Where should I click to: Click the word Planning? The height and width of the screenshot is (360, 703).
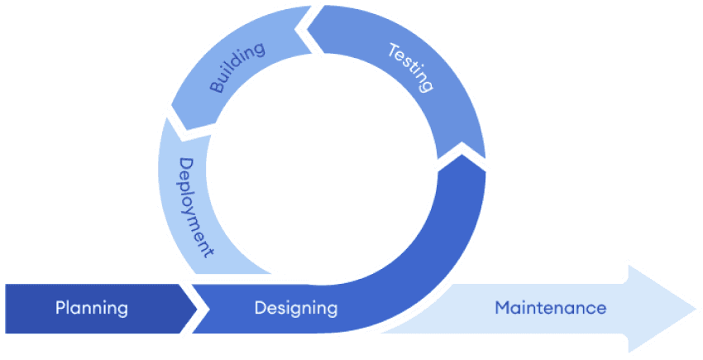[x=92, y=309]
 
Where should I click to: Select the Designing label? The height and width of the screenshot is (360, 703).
[x=296, y=309]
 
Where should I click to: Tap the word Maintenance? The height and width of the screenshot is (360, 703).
[x=550, y=308]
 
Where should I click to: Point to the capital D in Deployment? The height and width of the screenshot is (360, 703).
[x=186, y=165]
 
